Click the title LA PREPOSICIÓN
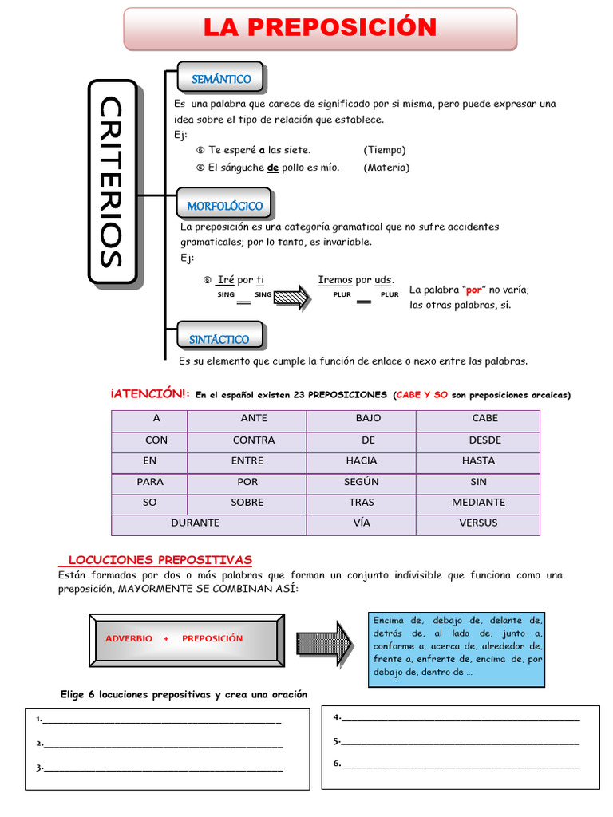319,28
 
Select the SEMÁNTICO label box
221,78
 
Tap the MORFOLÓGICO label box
224,205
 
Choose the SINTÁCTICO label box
219,339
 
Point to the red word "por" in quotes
474,290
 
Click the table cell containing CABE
484,418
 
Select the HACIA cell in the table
361,460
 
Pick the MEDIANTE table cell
477,503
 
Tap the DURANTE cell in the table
196,523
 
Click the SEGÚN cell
361,482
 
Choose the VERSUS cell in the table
477,523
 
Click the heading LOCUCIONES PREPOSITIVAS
160,560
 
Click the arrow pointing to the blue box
325,641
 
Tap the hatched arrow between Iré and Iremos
292,296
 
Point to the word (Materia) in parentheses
386,168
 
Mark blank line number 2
163,744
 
